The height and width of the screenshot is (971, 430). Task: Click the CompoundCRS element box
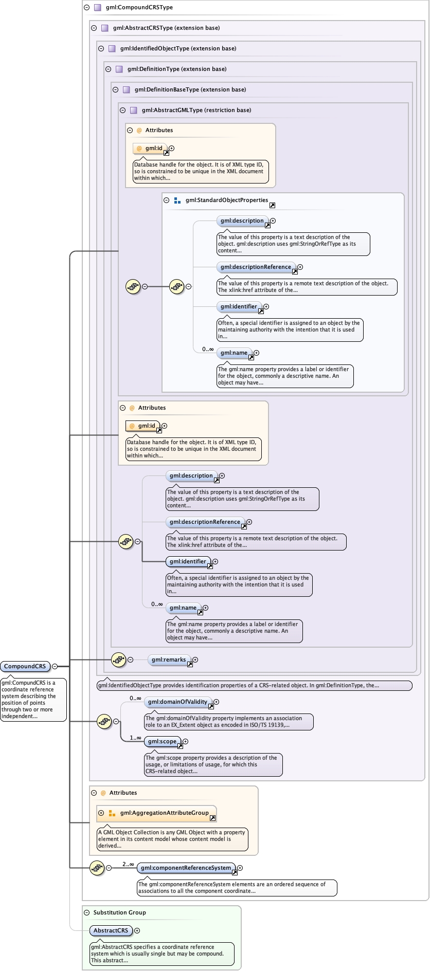(25, 666)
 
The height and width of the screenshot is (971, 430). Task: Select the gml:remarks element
(169, 659)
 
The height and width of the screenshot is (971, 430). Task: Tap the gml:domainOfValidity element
(178, 702)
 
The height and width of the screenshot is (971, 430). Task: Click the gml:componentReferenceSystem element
(186, 868)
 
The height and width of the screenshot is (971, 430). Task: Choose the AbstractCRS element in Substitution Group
(111, 930)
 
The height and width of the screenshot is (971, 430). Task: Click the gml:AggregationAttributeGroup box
(164, 813)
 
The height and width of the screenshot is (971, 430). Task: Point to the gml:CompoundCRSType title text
(139, 7)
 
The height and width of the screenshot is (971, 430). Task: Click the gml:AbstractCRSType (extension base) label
(166, 28)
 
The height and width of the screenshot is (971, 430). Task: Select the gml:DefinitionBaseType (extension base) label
(190, 89)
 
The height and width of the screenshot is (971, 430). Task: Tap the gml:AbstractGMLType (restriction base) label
(196, 110)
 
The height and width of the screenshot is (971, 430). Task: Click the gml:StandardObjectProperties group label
(227, 200)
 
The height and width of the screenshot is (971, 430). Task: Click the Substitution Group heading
(119, 912)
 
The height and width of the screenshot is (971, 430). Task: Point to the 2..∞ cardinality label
(128, 865)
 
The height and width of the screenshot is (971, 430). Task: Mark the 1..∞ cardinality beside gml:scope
(135, 738)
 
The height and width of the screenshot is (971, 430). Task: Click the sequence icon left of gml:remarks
(118, 659)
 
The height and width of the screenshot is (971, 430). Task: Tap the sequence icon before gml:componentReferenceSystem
(97, 868)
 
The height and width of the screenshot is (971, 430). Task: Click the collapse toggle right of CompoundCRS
(55, 666)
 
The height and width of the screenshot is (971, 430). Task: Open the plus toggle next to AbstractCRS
(137, 930)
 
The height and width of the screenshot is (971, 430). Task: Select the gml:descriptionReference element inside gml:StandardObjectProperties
(256, 267)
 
